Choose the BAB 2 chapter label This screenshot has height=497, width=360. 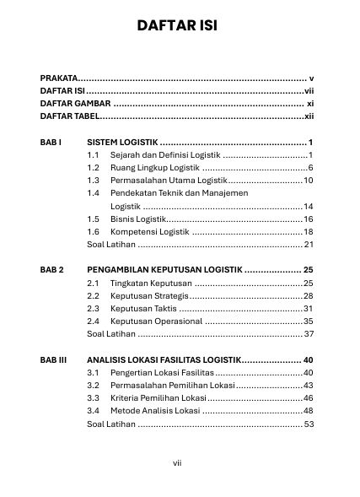click(51, 270)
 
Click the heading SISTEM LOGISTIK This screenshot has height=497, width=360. click(122, 143)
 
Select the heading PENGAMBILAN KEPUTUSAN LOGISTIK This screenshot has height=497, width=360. click(164, 270)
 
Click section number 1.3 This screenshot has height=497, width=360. click(94, 181)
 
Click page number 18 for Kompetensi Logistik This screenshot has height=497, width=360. click(309, 231)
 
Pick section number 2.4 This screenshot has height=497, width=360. click(94, 321)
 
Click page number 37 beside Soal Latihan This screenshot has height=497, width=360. click(309, 334)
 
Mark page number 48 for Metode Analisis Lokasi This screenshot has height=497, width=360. click(309, 411)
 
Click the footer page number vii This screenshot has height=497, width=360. click(178, 462)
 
